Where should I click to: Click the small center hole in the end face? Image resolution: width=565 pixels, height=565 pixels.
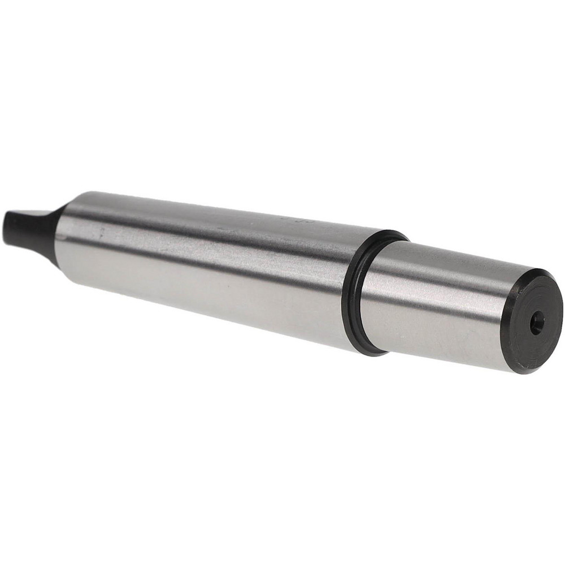(x=537, y=323)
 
